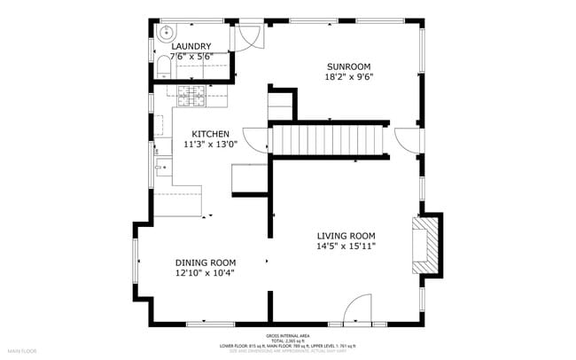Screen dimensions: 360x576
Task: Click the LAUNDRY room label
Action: (x=191, y=46)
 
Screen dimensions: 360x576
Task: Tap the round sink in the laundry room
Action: (x=165, y=32)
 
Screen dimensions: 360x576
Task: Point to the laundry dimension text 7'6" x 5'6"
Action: (x=191, y=57)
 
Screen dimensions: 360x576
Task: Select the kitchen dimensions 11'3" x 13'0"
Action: (x=210, y=145)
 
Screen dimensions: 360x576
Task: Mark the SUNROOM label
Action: (x=348, y=67)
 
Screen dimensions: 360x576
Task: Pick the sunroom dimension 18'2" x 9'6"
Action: (x=348, y=77)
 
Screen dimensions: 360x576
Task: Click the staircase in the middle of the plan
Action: (x=329, y=140)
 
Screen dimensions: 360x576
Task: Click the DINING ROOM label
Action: (x=205, y=262)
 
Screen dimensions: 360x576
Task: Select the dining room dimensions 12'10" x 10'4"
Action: (x=205, y=273)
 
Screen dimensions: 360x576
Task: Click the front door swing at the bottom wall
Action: (x=357, y=309)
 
